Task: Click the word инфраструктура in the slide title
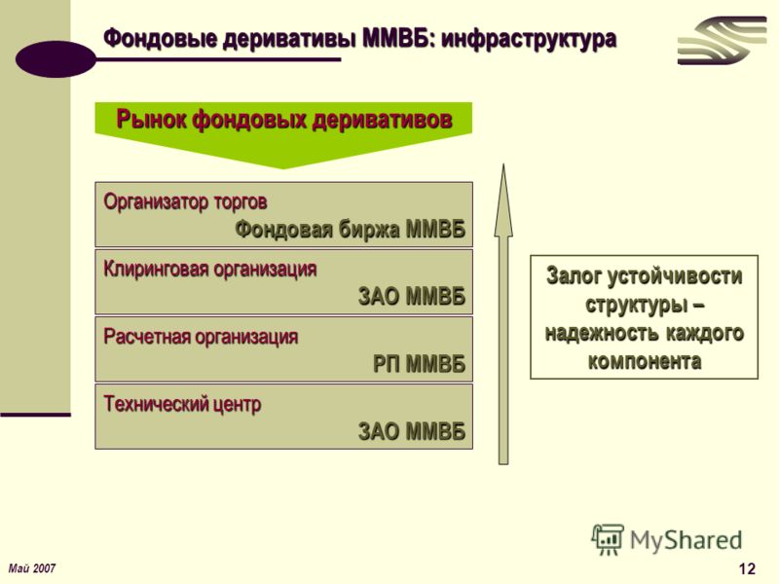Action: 529,39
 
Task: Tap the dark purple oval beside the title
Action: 56,58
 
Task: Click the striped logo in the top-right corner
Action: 722,40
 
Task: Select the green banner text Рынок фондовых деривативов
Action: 284,120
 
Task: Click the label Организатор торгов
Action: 185,201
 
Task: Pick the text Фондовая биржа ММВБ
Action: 351,230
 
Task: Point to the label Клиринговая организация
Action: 209,270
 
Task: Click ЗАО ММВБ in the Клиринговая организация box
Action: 412,297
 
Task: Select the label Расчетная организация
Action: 201,337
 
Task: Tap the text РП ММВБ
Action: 420,364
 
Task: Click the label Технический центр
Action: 182,404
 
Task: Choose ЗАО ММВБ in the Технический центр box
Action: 412,431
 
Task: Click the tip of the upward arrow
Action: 503,164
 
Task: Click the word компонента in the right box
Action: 645,361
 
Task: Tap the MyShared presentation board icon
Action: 607,539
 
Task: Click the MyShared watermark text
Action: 686,540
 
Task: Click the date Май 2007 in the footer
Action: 32,568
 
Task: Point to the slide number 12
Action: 747,568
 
